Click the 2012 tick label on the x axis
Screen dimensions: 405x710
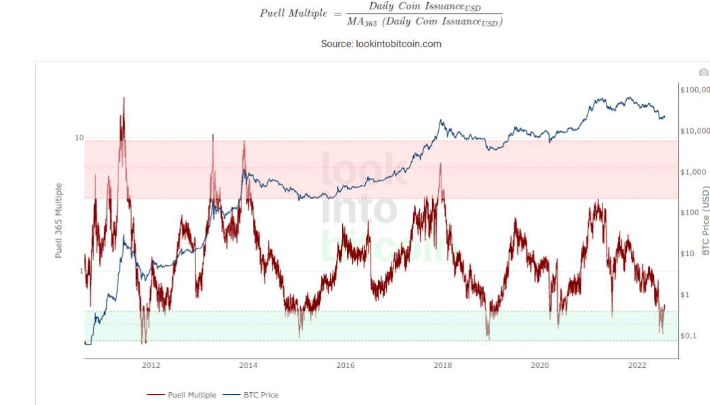tap(151, 366)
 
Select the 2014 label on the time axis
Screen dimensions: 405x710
tap(248, 366)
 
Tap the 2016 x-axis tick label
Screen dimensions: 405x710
tap(346, 366)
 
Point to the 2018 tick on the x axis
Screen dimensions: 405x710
tap(443, 366)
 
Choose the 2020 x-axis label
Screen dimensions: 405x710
tap(540, 366)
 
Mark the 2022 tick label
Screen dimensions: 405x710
tap(638, 366)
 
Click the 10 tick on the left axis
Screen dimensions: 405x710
tap(79, 138)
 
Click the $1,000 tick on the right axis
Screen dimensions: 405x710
tap(693, 172)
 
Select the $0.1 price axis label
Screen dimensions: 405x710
tap(690, 335)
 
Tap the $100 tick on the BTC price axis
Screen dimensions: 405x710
tap(690, 213)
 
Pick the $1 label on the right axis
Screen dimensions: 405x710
tap(686, 294)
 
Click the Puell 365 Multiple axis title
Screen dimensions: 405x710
tap(59, 220)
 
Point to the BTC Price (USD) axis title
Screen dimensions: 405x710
tap(705, 220)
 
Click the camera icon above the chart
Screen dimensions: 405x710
tap(704, 72)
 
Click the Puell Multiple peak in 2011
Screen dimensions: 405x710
tap(123, 99)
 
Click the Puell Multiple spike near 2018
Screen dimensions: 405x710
tap(440, 164)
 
